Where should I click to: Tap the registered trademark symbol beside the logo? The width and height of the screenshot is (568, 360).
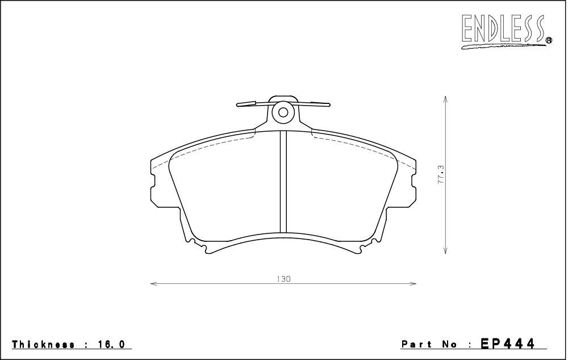pos(549,40)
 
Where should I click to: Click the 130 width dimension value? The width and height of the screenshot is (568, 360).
pos(283,279)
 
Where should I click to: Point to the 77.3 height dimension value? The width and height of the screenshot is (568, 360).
pos(441,174)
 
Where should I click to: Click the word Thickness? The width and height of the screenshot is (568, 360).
pos(44,344)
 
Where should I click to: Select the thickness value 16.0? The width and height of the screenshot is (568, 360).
pos(111,344)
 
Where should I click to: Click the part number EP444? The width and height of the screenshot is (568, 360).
pos(507,343)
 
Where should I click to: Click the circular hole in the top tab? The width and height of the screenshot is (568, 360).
pos(283,112)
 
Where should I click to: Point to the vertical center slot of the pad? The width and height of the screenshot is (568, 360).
pos(283,181)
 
